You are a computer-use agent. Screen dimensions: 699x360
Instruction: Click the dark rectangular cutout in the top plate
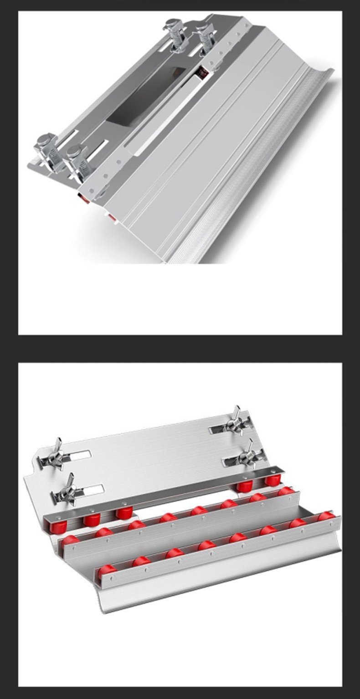146,96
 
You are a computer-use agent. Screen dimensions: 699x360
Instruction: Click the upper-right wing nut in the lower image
237,422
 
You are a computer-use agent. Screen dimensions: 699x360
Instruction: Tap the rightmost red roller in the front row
326,517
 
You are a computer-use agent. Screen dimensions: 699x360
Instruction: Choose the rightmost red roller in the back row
273,480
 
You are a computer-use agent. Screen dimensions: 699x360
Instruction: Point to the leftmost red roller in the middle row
70,541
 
